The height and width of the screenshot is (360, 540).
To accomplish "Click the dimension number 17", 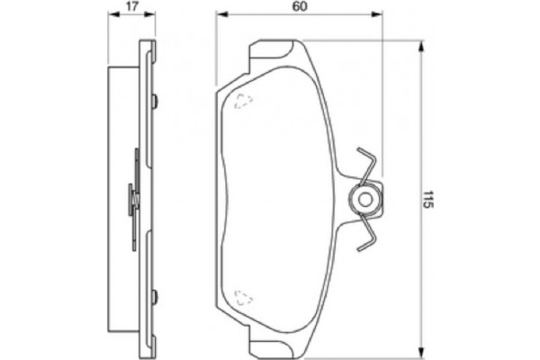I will point(132,6).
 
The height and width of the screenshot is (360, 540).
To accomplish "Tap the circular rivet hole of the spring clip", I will point(365,199).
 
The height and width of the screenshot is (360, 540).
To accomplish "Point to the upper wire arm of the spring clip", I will point(367,162).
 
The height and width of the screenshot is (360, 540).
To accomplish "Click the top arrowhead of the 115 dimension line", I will point(419,45).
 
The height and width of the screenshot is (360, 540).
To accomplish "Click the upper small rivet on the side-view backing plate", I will point(156,100).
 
